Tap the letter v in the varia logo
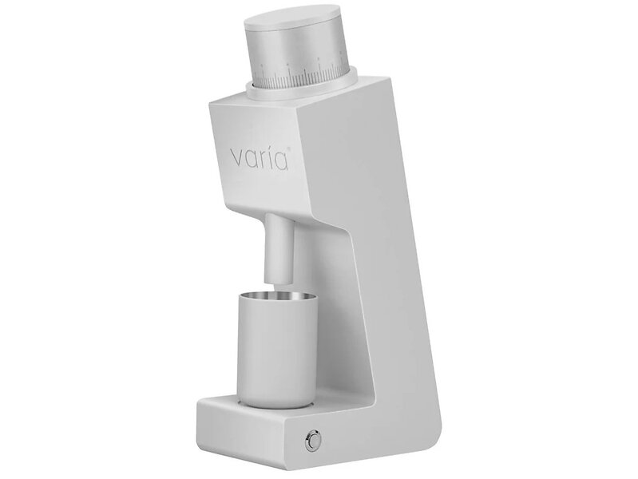tap(238, 159)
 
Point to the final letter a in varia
tap(281, 160)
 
